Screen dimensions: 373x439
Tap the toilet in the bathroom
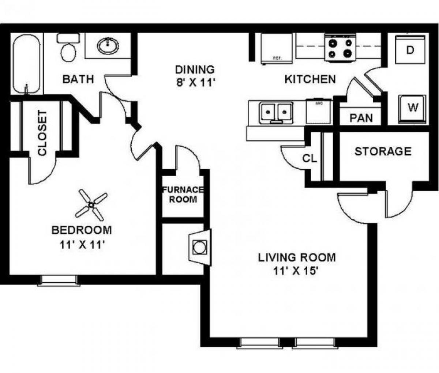click(x=68, y=49)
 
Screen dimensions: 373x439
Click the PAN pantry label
click(x=361, y=118)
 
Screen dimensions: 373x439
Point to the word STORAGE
click(x=383, y=151)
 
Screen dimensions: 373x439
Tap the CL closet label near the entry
click(x=309, y=159)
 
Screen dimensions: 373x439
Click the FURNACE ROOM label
click(x=183, y=195)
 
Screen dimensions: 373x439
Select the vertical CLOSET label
click(x=42, y=133)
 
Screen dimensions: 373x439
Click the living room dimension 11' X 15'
click(x=297, y=271)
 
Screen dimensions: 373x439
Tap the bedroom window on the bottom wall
click(x=59, y=280)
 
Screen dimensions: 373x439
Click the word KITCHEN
click(x=310, y=79)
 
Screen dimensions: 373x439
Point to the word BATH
click(x=78, y=79)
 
